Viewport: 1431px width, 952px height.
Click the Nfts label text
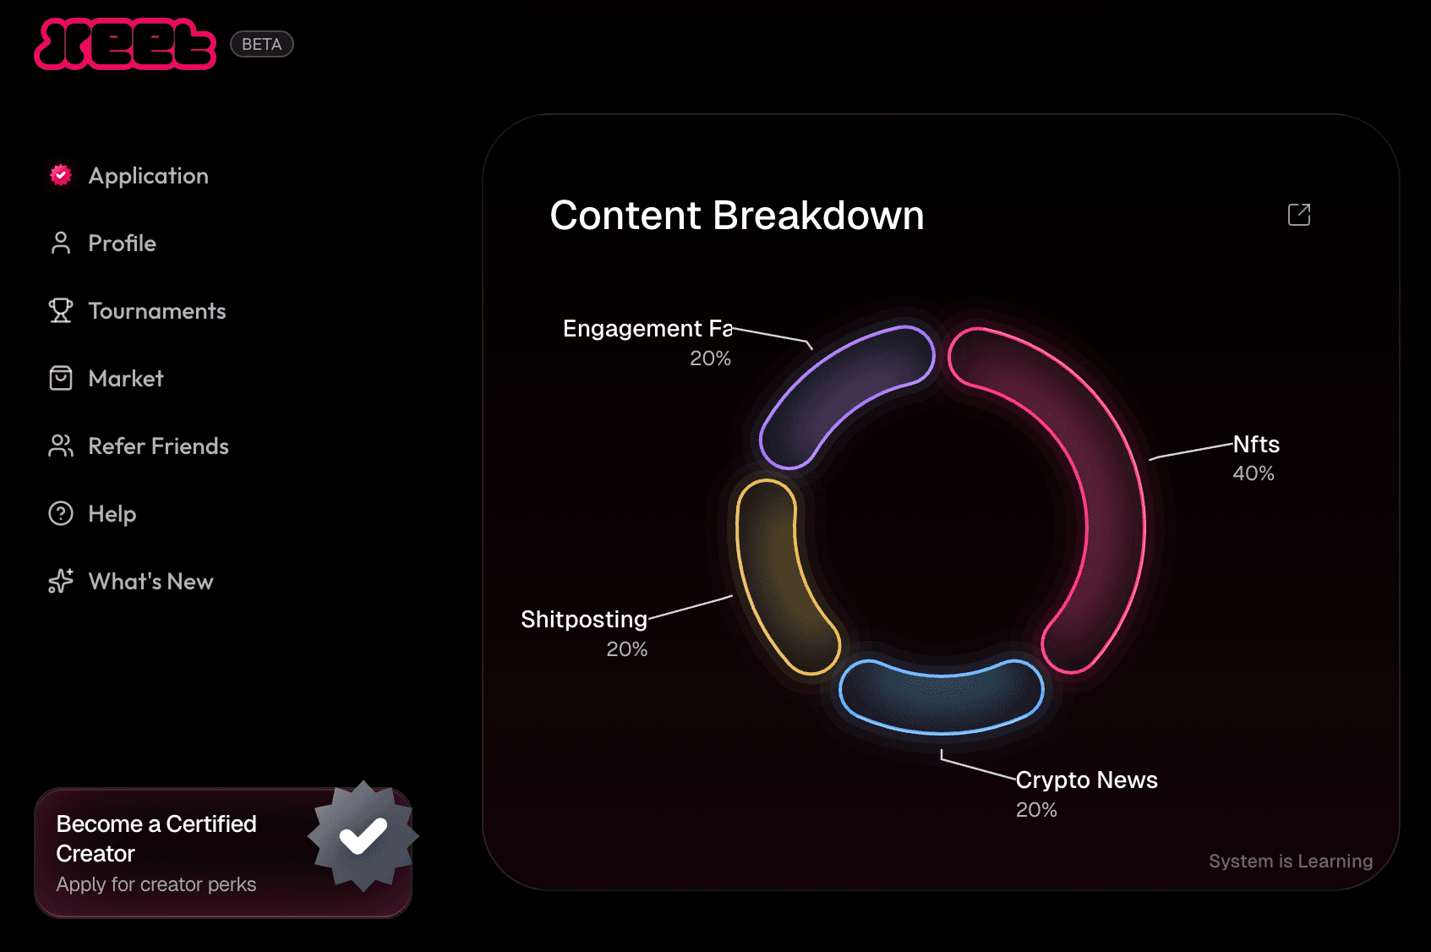click(1256, 444)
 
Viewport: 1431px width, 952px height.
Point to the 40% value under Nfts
click(1253, 473)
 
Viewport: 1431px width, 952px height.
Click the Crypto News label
click(1087, 780)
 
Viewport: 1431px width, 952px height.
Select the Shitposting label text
click(584, 619)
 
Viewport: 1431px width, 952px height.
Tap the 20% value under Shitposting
click(626, 649)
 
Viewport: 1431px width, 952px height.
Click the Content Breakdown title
click(736, 215)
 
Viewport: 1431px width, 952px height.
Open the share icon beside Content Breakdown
click(1299, 215)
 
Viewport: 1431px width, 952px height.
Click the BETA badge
click(262, 44)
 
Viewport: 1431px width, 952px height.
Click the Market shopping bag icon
click(61, 378)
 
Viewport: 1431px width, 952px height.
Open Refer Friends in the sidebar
click(139, 446)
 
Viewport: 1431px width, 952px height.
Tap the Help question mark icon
click(61, 514)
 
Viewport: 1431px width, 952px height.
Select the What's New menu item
click(131, 582)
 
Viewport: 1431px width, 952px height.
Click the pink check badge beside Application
click(61, 175)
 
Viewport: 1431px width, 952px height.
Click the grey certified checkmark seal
click(363, 835)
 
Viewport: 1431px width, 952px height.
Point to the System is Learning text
click(1291, 862)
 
